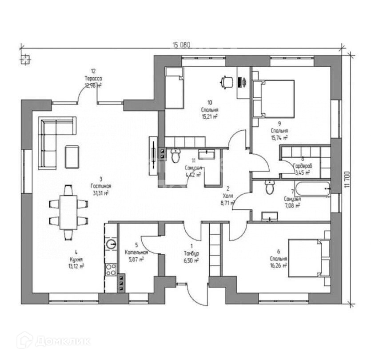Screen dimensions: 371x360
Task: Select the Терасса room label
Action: [93, 79]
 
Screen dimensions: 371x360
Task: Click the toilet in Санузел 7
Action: [269, 188]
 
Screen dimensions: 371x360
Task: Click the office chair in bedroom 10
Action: [227, 82]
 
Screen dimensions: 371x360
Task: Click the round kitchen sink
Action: [111, 244]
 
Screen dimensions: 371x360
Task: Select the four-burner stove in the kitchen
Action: [111, 269]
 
